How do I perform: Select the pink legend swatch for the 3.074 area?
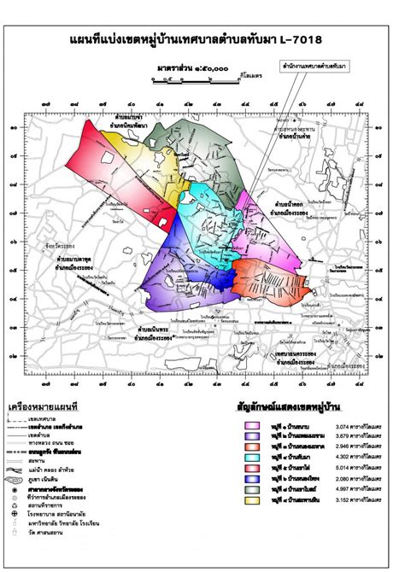[253, 424]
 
